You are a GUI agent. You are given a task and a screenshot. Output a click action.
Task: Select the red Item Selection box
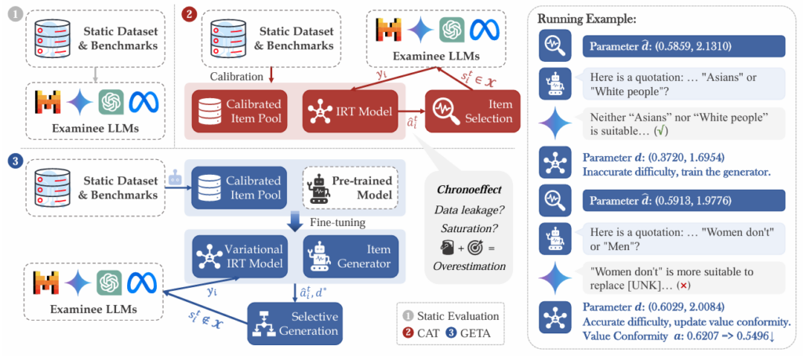[x=472, y=111]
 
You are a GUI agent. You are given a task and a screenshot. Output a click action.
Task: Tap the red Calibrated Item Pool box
[x=236, y=111]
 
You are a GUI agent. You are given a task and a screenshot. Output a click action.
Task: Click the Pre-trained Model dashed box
[x=349, y=190]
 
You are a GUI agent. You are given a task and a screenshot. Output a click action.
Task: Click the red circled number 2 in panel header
[x=188, y=13]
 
